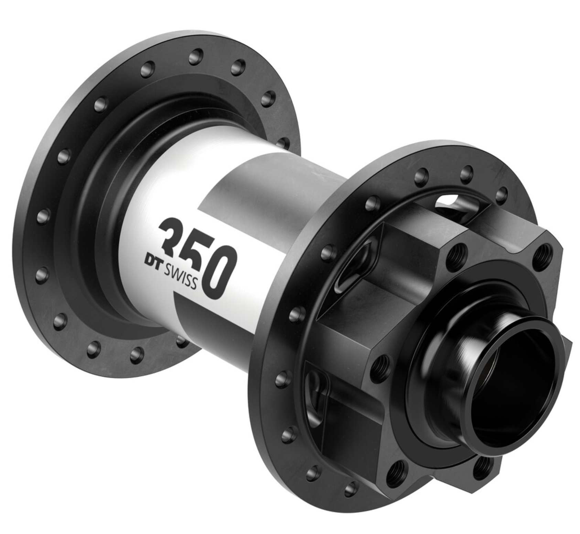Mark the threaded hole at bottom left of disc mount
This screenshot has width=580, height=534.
coord(396,471)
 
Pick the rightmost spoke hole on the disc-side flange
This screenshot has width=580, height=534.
coord(502,192)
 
